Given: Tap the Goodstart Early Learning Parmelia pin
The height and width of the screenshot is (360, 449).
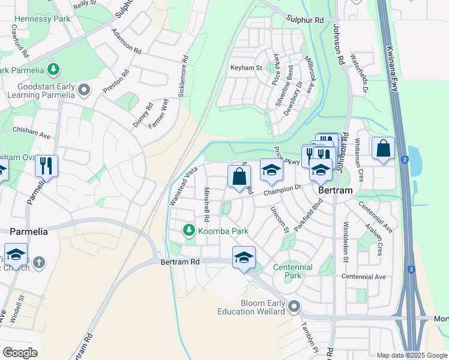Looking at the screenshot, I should [x=83, y=91].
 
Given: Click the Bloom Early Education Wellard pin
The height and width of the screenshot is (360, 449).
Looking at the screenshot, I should [x=294, y=307].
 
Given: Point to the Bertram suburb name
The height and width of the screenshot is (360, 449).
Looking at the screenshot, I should [x=336, y=190].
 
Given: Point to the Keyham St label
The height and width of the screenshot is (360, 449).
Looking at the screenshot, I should [x=246, y=68].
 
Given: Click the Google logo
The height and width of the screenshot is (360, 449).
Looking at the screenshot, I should [x=19, y=353].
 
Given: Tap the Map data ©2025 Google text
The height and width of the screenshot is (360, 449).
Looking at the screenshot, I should [x=412, y=355].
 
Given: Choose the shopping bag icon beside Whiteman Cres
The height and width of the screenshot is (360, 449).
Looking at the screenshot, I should [x=383, y=148].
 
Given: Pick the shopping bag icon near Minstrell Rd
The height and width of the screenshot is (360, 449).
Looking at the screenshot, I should [x=239, y=176].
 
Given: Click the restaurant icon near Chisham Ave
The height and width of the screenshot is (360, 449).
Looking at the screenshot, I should [x=46, y=165].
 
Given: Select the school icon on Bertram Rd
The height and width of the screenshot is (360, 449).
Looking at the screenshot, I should [x=243, y=257].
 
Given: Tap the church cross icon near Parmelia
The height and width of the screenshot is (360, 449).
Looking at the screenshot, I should [x=39, y=263].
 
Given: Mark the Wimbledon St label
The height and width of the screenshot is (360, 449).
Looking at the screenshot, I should [x=346, y=244].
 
